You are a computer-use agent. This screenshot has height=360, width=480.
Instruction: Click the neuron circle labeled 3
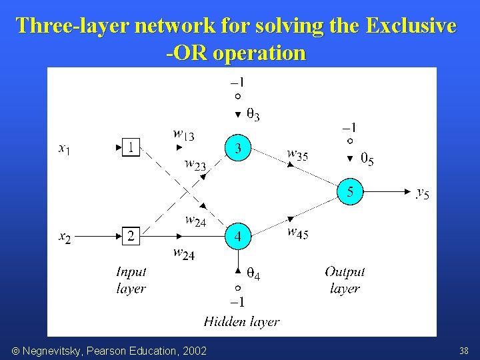237,148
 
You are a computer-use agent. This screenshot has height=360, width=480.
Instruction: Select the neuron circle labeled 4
237,237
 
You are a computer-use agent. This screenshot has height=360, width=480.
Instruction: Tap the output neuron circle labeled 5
349,192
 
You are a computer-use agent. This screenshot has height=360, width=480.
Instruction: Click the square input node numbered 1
131,148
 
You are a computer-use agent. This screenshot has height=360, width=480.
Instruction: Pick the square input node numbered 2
131,236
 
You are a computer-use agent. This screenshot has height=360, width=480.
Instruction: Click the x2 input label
65,237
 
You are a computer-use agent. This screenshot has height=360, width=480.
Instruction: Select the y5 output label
423,193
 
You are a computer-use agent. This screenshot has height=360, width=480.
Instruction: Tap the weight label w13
184,135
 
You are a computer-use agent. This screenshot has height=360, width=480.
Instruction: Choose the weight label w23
195,164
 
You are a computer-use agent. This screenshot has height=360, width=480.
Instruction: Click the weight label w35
297,155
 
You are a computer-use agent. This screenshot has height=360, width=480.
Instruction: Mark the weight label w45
297,233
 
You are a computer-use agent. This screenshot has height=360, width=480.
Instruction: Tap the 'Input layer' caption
131,280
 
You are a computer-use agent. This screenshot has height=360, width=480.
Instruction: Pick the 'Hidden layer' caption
241,322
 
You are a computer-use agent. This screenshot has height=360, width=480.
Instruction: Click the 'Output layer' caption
345,280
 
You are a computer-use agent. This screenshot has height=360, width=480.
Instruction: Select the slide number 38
464,351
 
